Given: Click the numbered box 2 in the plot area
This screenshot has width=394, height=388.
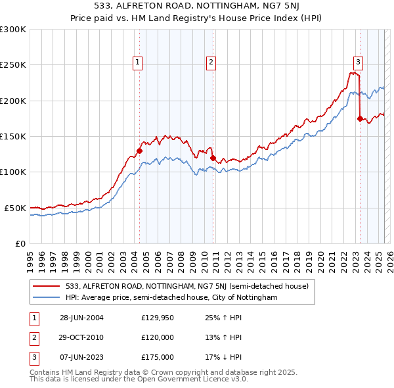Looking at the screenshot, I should click(x=211, y=62).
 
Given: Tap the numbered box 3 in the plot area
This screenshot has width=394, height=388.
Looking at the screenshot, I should click(x=358, y=62).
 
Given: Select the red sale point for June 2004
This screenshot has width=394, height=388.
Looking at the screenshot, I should click(x=139, y=151).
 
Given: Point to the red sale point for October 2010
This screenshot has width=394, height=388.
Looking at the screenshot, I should click(x=213, y=158).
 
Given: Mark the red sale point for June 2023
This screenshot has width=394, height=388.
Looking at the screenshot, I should click(x=359, y=118).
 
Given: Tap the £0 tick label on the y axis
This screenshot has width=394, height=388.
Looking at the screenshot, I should click(x=20, y=243).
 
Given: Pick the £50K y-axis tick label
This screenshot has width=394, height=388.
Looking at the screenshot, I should click(x=16, y=208).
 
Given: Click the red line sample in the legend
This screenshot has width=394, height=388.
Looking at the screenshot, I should click(x=46, y=286).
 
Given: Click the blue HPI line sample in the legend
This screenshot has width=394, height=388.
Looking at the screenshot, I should click(x=46, y=297).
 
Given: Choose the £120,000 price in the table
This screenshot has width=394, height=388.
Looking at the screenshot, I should click(x=157, y=337).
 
